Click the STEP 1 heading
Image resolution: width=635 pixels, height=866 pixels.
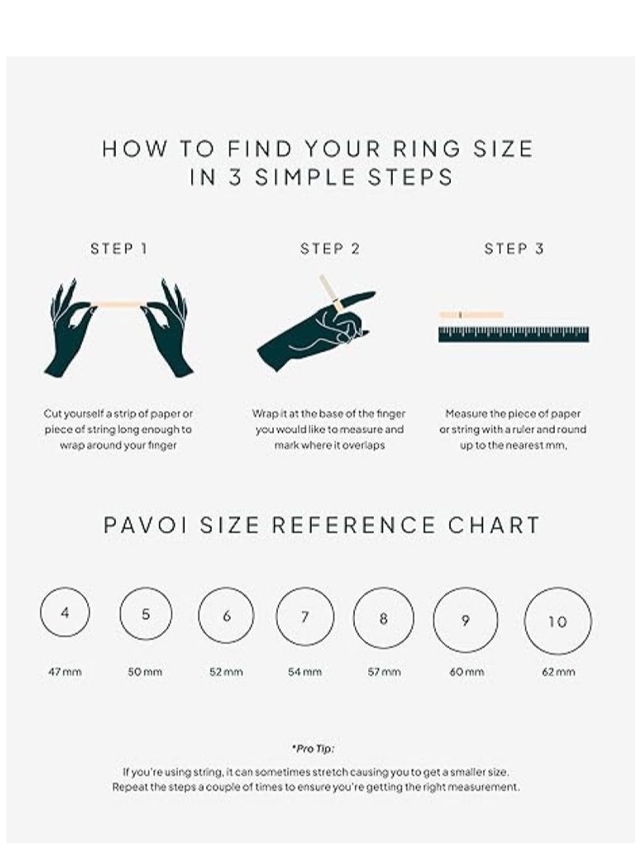pos(119,248)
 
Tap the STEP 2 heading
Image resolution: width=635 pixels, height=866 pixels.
pos(329,248)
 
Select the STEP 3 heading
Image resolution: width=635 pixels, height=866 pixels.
pos(514,248)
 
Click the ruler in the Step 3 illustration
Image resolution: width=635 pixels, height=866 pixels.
pos(514,334)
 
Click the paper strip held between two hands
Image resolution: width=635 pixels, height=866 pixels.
pos(119,304)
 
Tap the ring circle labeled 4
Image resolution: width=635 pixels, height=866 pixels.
pos(64,613)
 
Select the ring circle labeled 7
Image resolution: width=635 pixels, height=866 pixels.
pos(305,617)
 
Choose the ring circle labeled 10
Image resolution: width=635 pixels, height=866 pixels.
pos(558,622)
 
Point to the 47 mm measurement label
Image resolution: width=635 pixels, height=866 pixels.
pos(64,672)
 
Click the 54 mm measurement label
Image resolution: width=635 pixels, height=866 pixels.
pos(305,672)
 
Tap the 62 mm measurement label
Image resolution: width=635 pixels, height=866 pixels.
pos(558,672)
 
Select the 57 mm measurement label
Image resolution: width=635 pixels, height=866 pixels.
pos(384,672)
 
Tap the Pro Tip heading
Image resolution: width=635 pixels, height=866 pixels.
pos(314,748)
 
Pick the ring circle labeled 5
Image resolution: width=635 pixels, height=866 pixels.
pos(145,614)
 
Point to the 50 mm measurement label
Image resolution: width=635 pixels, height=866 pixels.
pos(145,672)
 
